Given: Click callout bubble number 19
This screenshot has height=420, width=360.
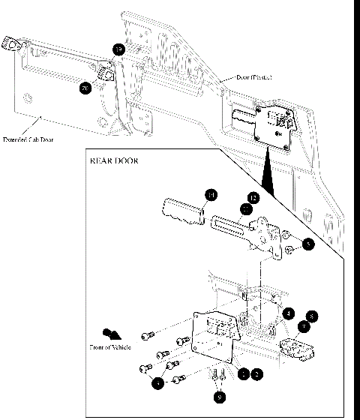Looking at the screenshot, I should click(118, 49).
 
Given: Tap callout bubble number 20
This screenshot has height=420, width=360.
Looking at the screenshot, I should click(85, 88).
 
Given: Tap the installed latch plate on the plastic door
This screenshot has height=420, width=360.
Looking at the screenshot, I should click(274, 127).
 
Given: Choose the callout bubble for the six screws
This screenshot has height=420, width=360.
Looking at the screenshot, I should click(157, 383).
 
